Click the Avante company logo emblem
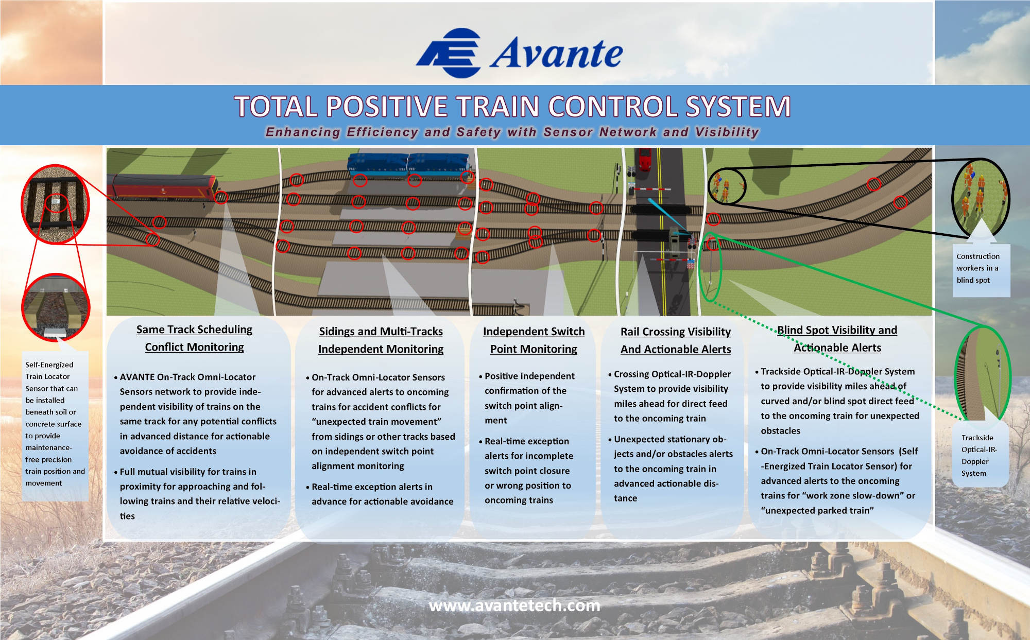point(449,53)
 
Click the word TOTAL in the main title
point(276,107)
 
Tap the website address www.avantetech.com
point(514,606)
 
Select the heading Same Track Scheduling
point(194,330)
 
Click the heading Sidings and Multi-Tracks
point(381,332)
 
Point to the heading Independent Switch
point(534,332)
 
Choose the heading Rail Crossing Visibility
point(676,332)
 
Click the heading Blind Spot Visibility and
point(837,330)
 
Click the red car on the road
point(644,159)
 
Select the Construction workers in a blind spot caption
point(978,268)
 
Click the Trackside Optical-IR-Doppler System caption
point(979,456)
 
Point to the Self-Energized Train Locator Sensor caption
point(55,424)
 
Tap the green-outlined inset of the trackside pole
point(983,375)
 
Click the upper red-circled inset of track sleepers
point(55,204)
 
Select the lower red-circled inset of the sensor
point(56,307)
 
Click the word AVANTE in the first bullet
point(137,377)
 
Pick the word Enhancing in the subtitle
point(303,132)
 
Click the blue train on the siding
point(409,164)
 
